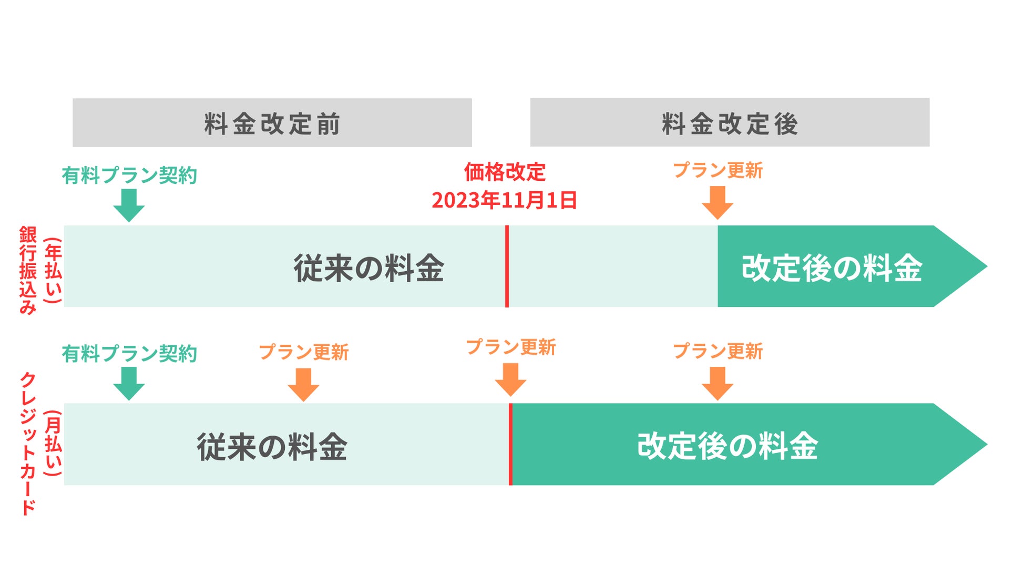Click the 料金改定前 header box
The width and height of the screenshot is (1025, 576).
pos(272,123)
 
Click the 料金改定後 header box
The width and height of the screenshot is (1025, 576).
pos(730,122)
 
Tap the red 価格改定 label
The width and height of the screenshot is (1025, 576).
pos(505,172)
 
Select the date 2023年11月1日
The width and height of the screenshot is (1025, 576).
pos(505,200)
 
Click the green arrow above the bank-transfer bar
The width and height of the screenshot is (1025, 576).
pos(129,205)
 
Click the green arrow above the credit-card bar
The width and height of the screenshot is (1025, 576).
pos(129,383)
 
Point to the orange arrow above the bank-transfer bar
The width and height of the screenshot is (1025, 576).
pos(717,202)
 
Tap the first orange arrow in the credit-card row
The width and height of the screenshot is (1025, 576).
pos(303,384)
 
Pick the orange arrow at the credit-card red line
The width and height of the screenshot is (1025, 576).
pos(510,379)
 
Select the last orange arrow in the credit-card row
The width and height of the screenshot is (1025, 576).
pos(717,383)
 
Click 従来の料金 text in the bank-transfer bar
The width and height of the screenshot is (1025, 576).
pos(369,268)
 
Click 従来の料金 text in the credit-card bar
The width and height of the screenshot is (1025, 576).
pos(272,447)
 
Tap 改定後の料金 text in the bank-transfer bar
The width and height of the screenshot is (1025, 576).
pos(832,268)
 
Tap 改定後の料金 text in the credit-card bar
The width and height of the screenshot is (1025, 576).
pos(727,446)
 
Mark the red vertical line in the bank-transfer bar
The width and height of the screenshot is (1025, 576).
pos(507,266)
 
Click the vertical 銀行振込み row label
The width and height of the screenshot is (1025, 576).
pos(27,270)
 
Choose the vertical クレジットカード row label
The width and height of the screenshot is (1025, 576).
pos(27,444)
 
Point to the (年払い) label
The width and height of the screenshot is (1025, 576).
pos(53,270)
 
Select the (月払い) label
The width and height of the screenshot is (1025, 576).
pos(53,444)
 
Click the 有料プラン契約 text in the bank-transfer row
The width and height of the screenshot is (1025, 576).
pos(129,176)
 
